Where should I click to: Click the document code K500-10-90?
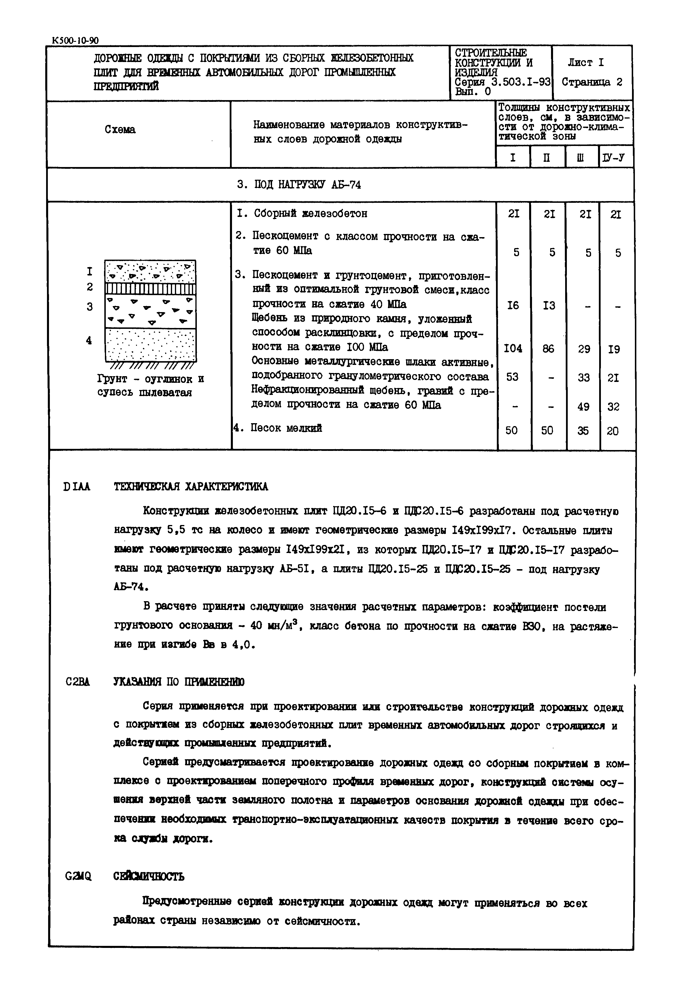[75, 41]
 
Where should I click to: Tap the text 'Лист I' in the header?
[585, 63]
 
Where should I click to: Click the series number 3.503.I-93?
[520, 82]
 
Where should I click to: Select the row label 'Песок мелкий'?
[286, 428]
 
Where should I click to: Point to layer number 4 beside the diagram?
[89, 340]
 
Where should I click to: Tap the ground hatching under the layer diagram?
[152, 365]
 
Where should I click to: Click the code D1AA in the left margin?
[77, 486]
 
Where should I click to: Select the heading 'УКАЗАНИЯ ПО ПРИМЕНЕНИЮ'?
[179, 682]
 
